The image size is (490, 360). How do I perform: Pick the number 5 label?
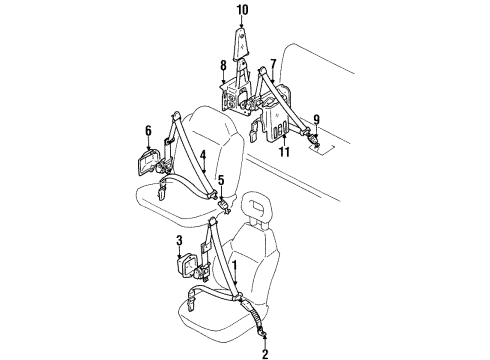[222, 181]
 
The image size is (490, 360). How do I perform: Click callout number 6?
[148, 129]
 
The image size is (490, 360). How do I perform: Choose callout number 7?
[272, 63]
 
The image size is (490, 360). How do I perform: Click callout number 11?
[286, 151]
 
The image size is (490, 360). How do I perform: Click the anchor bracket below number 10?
[241, 46]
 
